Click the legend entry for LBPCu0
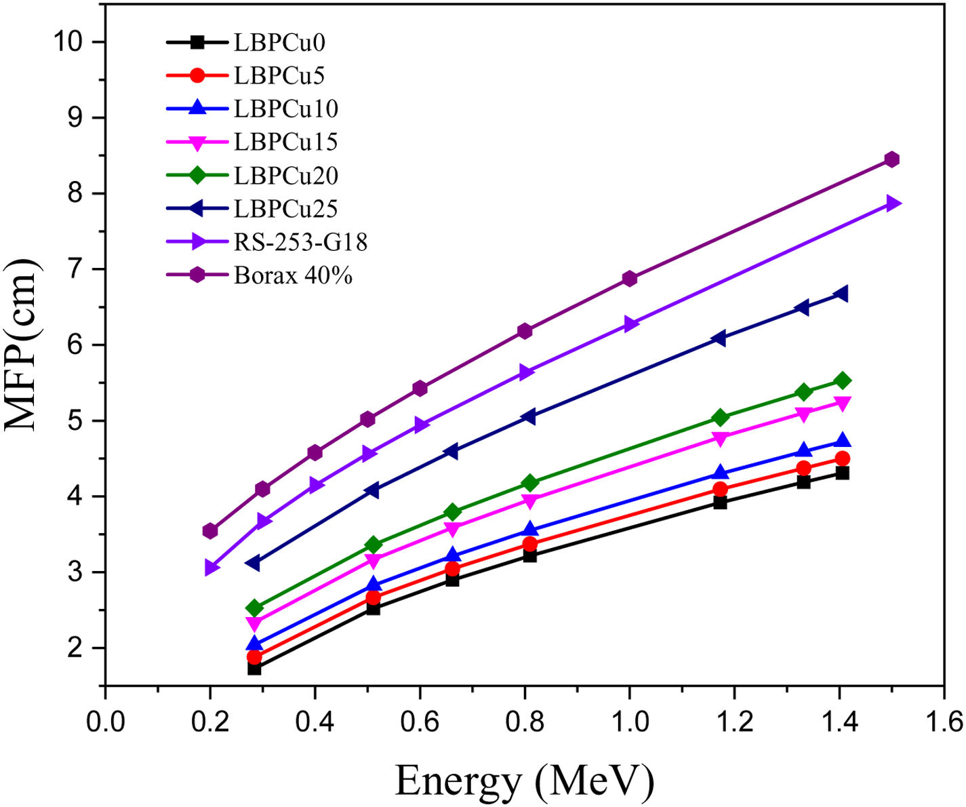click(279, 43)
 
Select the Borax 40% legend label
click(293, 275)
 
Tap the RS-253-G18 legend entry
click(300, 242)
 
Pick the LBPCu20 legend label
click(286, 176)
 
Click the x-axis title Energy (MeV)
click(524, 781)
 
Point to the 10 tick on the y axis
click(69, 42)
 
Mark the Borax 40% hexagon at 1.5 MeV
click(892, 159)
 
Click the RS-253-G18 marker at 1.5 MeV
click(893, 203)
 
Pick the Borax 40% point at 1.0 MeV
click(630, 279)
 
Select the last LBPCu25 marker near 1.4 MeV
click(841, 294)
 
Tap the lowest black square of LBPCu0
click(254, 669)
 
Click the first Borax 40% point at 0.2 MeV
click(210, 531)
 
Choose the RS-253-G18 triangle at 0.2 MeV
click(212, 568)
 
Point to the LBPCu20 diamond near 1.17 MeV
click(720, 417)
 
